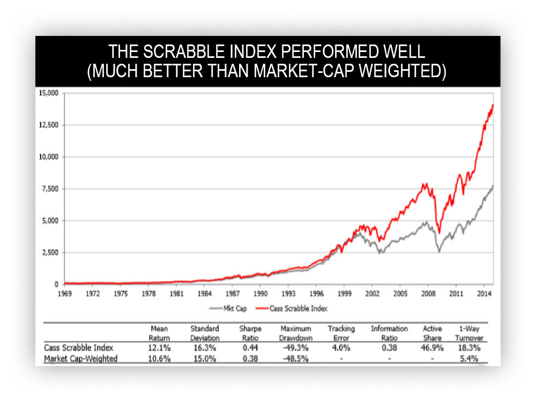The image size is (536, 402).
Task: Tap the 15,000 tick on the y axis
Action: pos(50,93)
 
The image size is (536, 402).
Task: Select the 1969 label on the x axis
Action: pos(64,294)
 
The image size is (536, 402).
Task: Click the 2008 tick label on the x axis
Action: pos(428,294)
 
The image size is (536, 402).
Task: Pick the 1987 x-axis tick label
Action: pos(232,294)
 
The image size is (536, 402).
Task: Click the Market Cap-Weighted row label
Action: pos(81,358)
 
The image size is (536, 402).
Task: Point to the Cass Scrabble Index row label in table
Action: pos(79,348)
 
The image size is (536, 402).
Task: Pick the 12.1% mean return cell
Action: pos(159,348)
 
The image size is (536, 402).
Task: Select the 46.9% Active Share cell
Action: pos(432,348)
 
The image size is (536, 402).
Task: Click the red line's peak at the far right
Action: pos(493,106)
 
